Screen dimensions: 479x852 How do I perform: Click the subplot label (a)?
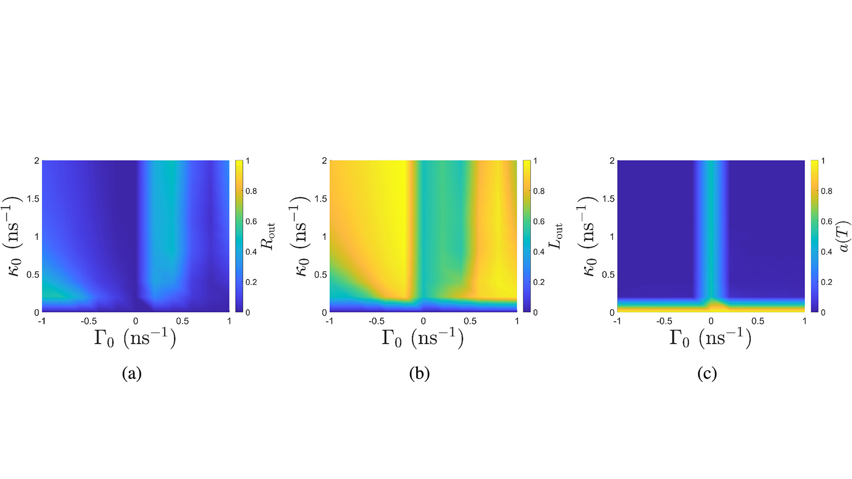coord(132,374)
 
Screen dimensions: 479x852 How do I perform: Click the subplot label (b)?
coord(419,374)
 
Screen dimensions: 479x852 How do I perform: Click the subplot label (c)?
coord(707,374)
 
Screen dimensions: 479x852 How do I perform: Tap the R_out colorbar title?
coord(269,236)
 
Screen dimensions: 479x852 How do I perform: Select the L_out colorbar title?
coord(556,236)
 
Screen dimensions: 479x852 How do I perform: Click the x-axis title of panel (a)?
coord(135,338)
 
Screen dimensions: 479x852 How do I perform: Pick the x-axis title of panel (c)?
coord(710,338)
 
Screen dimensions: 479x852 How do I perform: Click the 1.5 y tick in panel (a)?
coord(33,199)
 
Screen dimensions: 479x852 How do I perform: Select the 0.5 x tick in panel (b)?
coord(470,321)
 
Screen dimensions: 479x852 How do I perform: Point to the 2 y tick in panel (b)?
coord(325,161)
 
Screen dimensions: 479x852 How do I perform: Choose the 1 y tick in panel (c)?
coord(612,237)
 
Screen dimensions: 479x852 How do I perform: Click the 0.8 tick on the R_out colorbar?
coord(251,191)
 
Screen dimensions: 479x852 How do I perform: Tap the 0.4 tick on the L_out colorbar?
coord(539,252)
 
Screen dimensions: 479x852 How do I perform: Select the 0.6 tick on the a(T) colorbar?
coord(826,221)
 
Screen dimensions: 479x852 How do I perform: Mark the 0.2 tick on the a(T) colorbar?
coord(826,282)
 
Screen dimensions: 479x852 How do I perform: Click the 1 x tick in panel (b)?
coord(516,321)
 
